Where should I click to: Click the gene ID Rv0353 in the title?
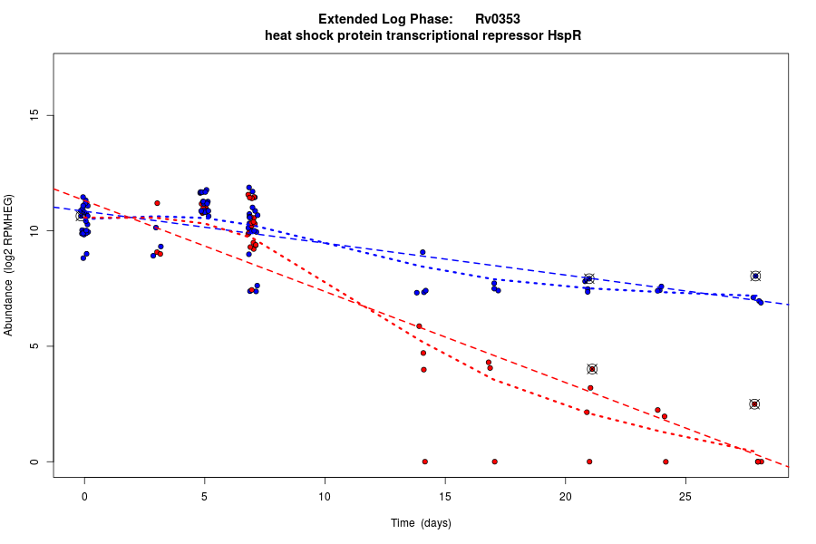click(497, 19)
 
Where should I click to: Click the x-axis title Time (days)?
click(421, 523)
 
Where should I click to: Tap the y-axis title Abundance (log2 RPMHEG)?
click(9, 265)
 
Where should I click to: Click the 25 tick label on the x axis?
click(685, 496)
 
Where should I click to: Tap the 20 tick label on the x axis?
click(565, 496)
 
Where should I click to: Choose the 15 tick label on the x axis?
click(444, 496)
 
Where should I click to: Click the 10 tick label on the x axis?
click(325, 496)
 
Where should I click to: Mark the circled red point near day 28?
click(754, 404)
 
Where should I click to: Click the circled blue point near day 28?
click(755, 276)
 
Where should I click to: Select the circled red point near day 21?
click(592, 369)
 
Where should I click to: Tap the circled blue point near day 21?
click(588, 279)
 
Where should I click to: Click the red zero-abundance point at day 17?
click(494, 461)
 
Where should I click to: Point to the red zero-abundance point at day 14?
click(424, 461)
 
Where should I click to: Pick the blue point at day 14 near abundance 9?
click(423, 252)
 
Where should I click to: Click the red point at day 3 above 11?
click(157, 203)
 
